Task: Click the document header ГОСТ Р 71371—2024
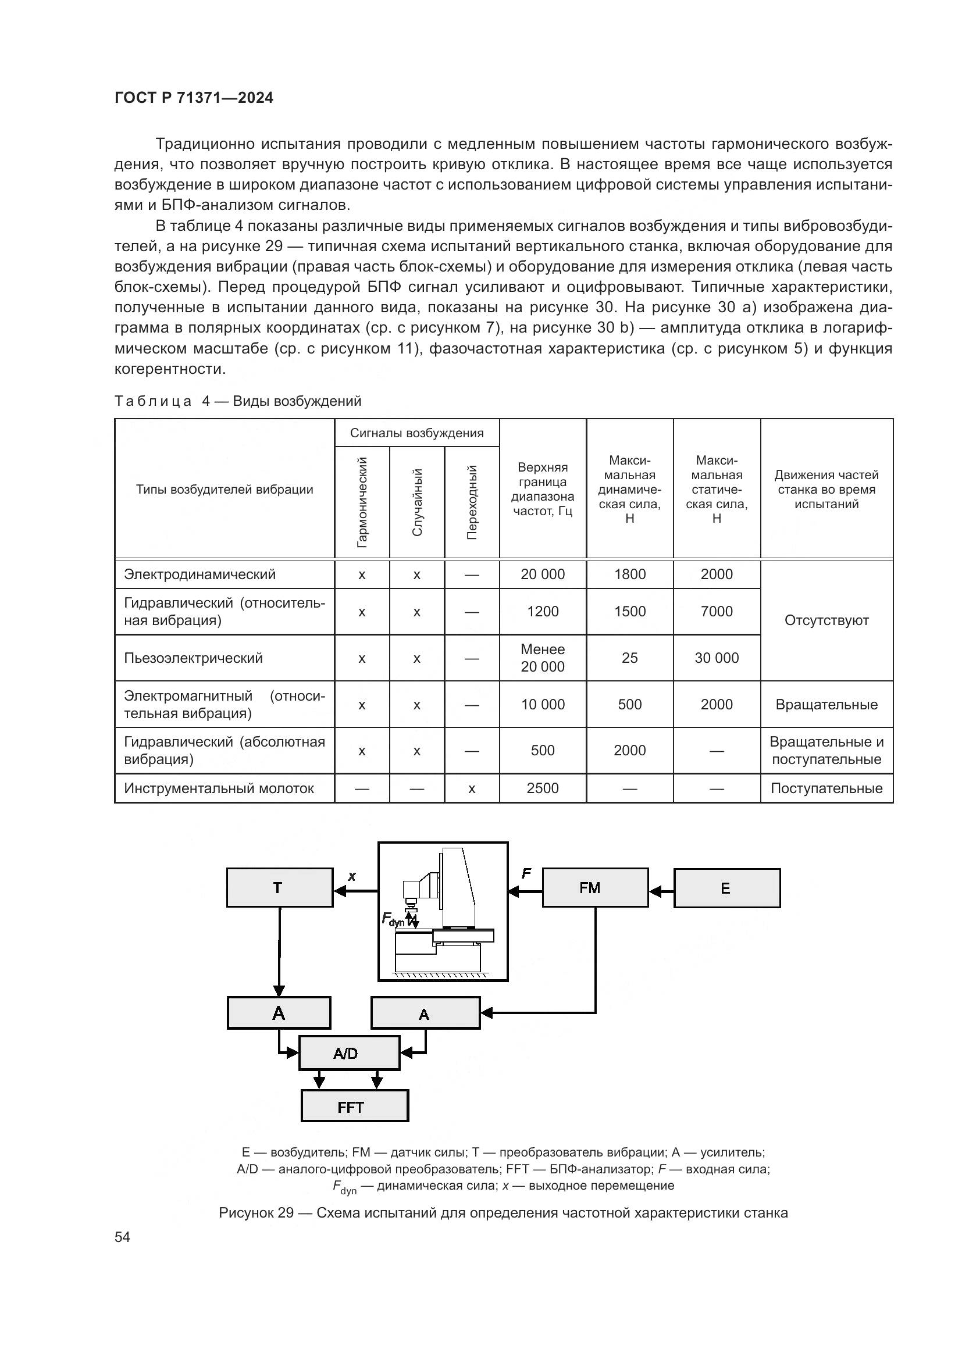[194, 98]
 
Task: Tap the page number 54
[122, 1237]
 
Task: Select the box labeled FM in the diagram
[595, 887]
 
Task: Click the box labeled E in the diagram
[726, 888]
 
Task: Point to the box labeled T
[279, 887]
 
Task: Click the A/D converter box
[348, 1053]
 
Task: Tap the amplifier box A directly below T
[279, 1013]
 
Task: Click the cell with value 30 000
[716, 658]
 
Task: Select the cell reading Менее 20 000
[542, 658]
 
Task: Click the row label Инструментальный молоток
[219, 788]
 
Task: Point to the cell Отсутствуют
[826, 620]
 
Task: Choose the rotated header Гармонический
[362, 502]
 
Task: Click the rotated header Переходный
[472, 502]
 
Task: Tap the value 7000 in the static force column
[716, 611]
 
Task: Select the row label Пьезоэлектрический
[193, 658]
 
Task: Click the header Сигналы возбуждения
[416, 433]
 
